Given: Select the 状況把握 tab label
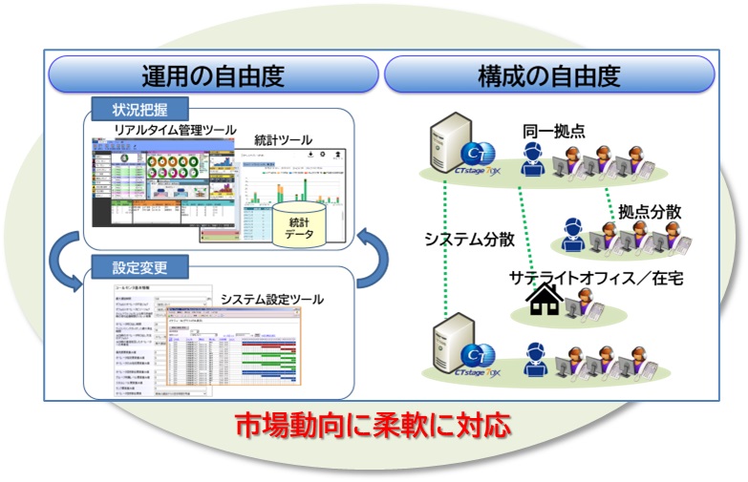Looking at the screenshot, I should point(140,107).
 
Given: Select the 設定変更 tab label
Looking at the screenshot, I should point(140,264).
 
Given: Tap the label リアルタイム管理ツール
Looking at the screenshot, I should point(166,128).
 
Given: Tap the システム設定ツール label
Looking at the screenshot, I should point(272,300).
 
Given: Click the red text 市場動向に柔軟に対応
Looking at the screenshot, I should point(373,424).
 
